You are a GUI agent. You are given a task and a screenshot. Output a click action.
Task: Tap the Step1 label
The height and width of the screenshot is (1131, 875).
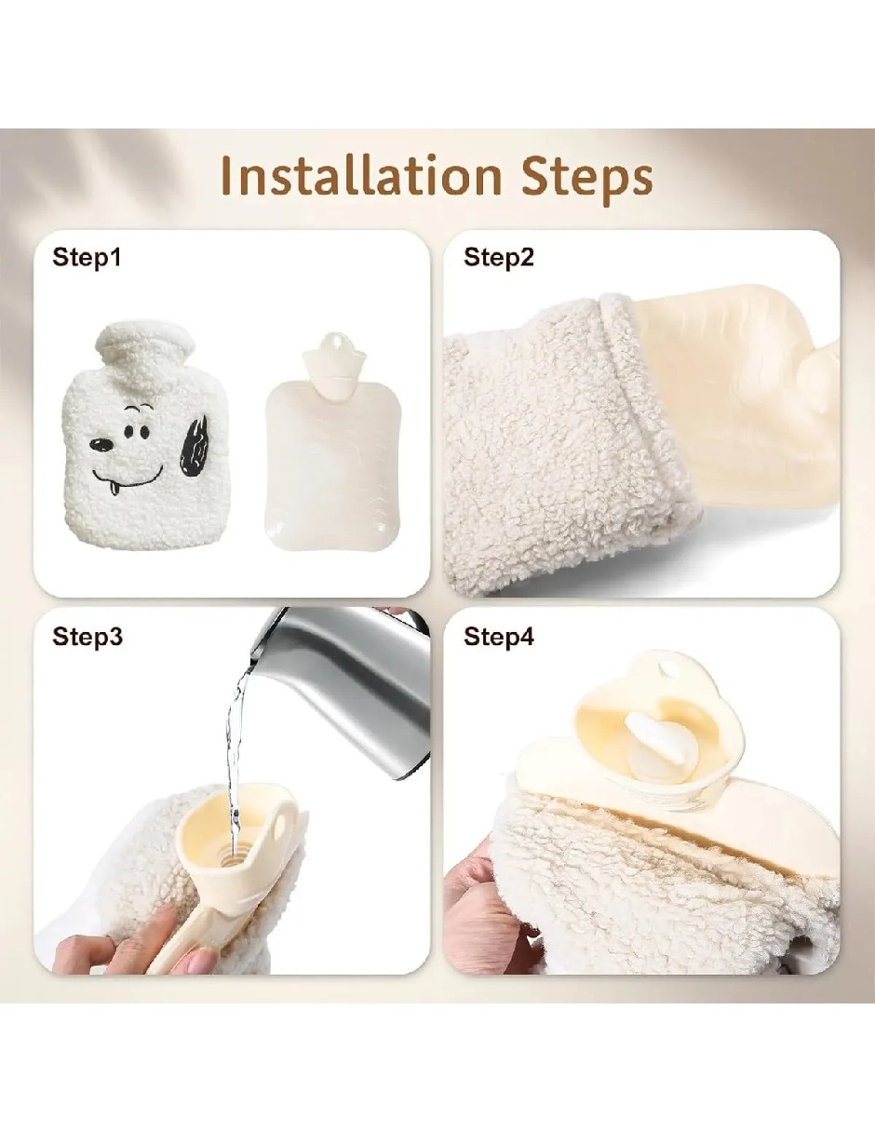87,258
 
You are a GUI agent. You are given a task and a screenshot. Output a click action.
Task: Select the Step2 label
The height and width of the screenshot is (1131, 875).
498,258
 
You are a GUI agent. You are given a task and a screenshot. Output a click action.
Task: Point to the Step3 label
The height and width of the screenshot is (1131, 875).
87,637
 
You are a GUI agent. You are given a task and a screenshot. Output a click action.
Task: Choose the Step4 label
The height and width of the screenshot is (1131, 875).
498,637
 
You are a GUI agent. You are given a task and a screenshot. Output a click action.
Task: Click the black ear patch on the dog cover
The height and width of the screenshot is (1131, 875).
194,447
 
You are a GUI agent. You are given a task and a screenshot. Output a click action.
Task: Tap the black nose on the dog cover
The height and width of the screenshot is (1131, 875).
101,445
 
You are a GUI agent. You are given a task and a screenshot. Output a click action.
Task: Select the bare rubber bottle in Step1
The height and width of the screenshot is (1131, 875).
333,439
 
